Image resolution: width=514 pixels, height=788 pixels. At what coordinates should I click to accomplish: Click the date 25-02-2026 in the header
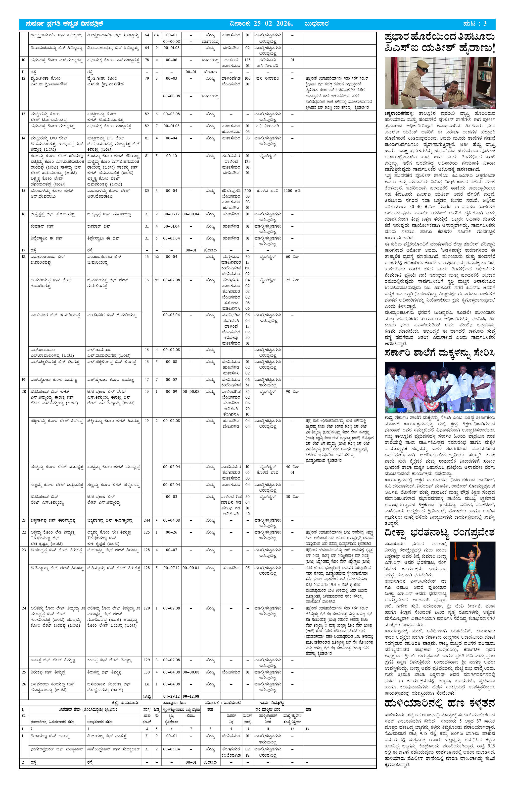click(273, 23)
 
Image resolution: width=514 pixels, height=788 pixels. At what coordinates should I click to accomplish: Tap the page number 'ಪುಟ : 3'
click(475, 23)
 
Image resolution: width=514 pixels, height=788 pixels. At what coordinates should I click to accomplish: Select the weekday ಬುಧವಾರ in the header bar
click(317, 23)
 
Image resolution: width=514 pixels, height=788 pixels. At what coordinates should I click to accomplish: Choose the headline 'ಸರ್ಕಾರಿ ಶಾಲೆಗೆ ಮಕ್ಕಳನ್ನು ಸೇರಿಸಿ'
click(440, 353)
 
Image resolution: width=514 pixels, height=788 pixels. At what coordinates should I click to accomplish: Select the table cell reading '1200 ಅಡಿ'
click(292, 191)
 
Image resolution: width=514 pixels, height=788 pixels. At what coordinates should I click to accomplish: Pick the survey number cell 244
click(147, 520)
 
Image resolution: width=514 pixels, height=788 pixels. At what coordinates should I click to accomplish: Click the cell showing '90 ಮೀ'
click(292, 392)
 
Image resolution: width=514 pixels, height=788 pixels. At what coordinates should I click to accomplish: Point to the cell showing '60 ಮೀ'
click(292, 257)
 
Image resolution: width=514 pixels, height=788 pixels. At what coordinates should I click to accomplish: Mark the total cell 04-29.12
click(171, 696)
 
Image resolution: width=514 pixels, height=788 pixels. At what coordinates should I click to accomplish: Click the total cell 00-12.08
click(191, 696)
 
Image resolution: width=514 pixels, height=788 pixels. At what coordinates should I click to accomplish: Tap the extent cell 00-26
click(171, 532)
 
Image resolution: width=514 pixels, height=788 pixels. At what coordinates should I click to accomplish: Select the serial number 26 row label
click(23, 684)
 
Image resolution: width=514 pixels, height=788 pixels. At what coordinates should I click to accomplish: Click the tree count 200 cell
click(247, 191)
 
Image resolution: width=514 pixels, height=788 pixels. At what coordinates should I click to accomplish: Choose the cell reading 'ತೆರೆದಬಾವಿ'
click(268, 60)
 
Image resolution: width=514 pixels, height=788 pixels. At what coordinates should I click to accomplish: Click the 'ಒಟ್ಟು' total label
click(147, 697)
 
